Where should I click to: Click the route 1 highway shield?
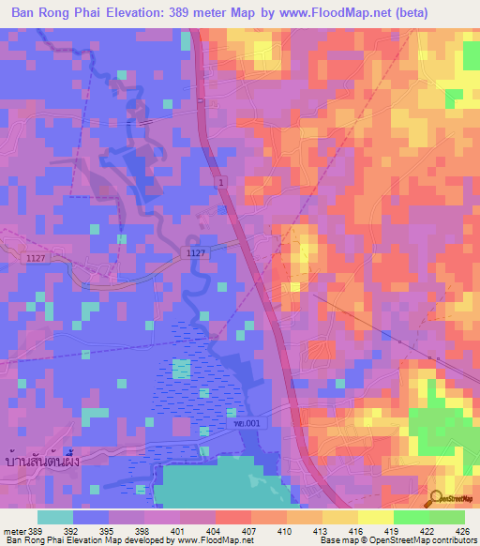click(x=219, y=180)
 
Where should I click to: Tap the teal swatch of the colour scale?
click(x=55, y=516)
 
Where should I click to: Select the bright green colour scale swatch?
click(x=411, y=516)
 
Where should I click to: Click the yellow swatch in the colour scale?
click(x=339, y=516)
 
